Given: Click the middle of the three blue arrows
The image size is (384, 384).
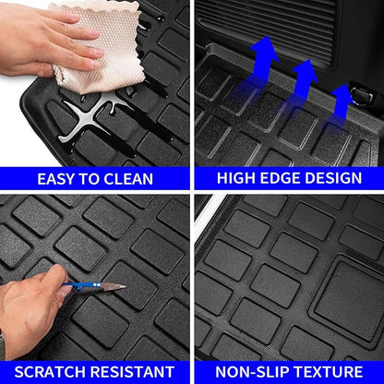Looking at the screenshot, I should click(x=306, y=79).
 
